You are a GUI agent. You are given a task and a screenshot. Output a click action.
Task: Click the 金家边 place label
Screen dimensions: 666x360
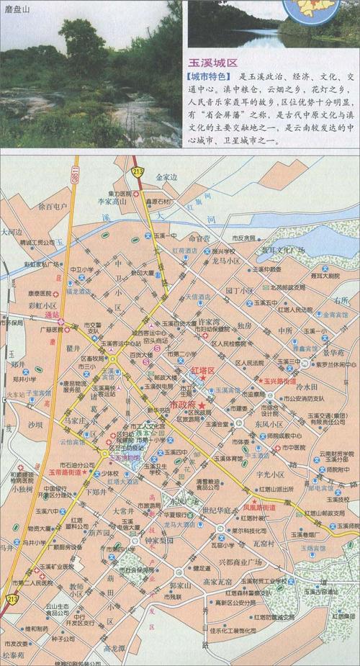tap(165, 176)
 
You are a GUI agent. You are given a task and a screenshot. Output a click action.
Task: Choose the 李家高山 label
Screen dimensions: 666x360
tap(111, 204)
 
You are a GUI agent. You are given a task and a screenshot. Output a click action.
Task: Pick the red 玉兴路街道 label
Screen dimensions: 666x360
tap(282, 379)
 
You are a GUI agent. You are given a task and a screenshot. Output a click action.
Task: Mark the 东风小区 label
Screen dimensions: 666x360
tap(265, 424)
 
